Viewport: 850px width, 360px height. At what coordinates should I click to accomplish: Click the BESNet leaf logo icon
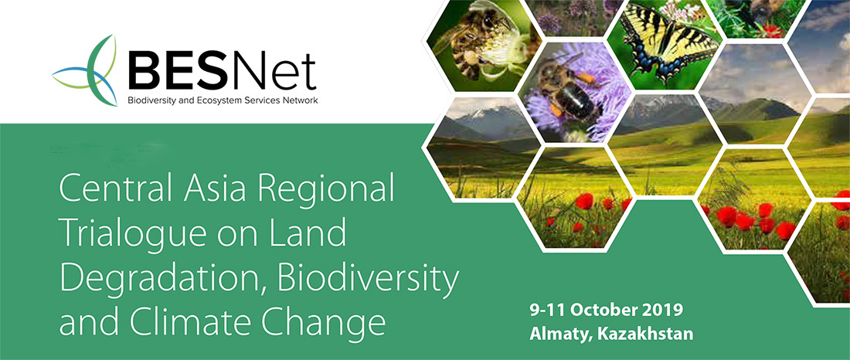[x=87, y=70]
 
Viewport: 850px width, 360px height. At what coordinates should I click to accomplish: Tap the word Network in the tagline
[x=298, y=100]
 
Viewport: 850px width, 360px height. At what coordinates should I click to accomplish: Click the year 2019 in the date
[x=663, y=311]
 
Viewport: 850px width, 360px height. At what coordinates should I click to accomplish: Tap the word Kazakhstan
[x=645, y=334]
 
